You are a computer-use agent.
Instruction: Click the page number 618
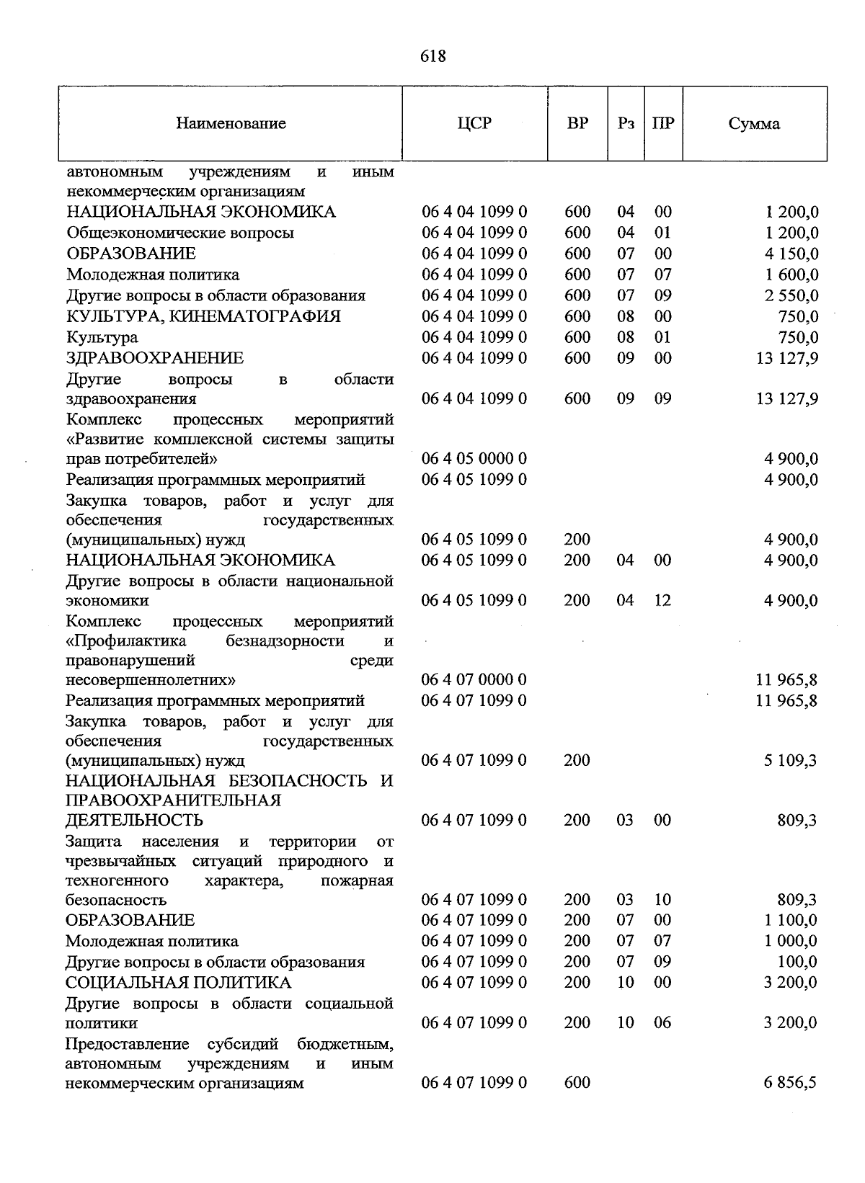pos(432,55)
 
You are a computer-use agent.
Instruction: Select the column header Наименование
pos(231,123)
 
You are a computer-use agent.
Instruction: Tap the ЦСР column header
pos(474,123)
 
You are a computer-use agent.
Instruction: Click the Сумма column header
pos(754,124)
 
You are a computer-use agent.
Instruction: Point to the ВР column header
pos(577,123)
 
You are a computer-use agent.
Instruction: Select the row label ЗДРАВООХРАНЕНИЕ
pos(155,358)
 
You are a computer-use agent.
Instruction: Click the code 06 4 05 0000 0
pos(474,459)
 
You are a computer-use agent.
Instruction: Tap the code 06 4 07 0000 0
pos(474,679)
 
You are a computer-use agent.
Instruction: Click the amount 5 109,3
pos(791,761)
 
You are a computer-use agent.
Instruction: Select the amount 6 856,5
pos(791,1083)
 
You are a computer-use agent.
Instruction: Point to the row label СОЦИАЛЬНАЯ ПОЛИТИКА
pos(179,983)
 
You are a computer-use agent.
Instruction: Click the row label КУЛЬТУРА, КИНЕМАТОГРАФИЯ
pos(204,316)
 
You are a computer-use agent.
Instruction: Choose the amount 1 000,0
pos(791,942)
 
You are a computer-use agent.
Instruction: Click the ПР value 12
pos(662,600)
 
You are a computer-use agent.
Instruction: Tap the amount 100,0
pos(798,963)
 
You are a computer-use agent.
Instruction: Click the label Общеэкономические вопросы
pos(180,233)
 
